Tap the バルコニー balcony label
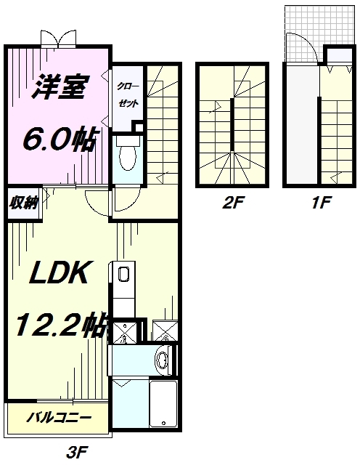click(x=60, y=418)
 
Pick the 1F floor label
click(x=319, y=204)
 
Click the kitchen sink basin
click(x=122, y=275)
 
